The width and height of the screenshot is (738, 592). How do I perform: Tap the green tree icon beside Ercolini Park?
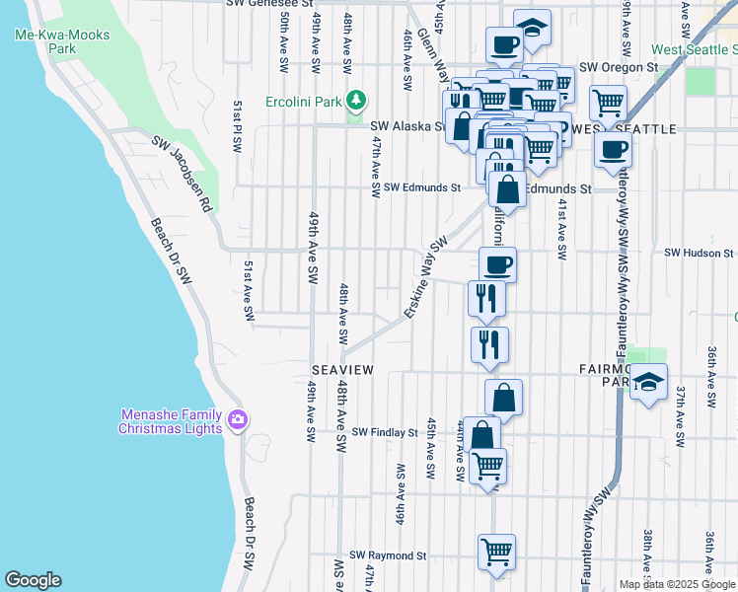(x=355, y=100)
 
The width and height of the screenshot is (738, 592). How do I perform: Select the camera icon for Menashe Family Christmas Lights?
(x=237, y=421)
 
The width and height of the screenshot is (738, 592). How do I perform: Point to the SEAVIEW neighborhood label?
(x=342, y=369)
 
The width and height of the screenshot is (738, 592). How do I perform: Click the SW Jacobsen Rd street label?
(x=183, y=175)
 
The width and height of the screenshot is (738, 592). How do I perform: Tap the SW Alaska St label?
(x=407, y=126)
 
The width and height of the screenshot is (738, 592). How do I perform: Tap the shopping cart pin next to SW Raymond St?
(x=496, y=551)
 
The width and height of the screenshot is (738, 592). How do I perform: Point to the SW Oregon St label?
(x=618, y=67)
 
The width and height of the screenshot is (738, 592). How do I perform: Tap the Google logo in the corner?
(x=33, y=580)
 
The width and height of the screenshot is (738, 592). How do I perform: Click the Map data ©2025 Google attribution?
(x=677, y=584)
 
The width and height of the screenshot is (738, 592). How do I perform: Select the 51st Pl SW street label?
(x=237, y=125)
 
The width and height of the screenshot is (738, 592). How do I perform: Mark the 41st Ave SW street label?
(x=560, y=229)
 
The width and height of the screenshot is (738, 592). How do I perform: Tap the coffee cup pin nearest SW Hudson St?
(x=497, y=263)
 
